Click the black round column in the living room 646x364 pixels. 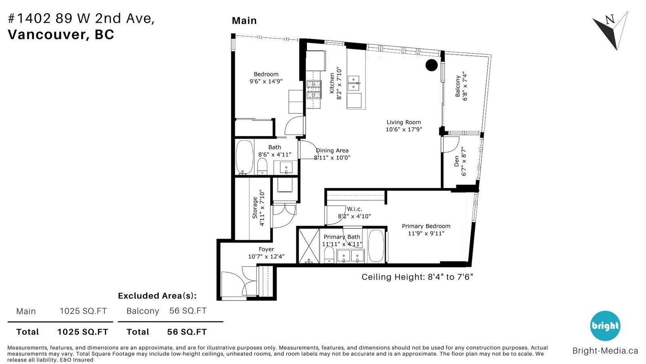[432, 65]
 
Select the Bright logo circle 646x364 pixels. [605, 326]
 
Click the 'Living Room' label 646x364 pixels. [403, 122]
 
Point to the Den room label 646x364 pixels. [457, 161]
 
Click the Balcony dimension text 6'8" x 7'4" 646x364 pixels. [465, 86]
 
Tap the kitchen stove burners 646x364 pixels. [313, 90]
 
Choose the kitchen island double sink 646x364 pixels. [354, 83]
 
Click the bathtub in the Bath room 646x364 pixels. [245, 157]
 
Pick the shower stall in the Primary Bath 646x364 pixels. [309, 246]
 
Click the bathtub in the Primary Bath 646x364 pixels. [376, 246]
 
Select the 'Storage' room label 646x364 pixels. [255, 208]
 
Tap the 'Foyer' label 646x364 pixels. [266, 249]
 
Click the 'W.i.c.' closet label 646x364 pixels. [354, 209]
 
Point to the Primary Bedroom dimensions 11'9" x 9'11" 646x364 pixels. [426, 233]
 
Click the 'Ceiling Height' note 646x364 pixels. [417, 277]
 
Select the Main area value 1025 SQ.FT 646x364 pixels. [83, 311]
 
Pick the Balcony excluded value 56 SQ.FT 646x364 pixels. [188, 311]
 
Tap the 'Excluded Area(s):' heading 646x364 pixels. [157, 296]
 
